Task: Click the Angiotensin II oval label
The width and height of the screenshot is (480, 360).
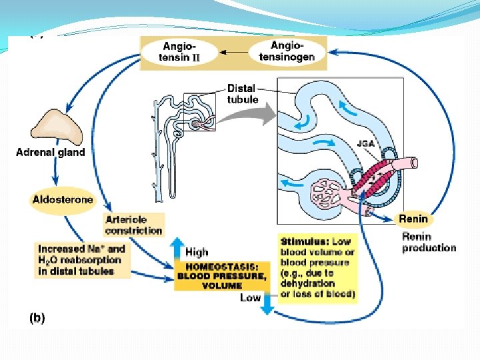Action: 180,51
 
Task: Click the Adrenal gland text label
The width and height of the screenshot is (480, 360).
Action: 51,152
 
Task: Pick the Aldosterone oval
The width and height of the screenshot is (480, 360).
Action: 63,199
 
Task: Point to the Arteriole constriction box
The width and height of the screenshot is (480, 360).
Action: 133,225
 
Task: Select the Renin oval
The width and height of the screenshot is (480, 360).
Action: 413,219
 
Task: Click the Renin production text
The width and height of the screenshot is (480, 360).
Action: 429,242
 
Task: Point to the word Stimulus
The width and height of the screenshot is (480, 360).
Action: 303,241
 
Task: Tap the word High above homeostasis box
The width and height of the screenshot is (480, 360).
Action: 197,252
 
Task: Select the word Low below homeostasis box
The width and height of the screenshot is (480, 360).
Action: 250,298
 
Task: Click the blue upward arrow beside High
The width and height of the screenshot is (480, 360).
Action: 178,251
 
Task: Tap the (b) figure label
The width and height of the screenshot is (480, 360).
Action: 36,318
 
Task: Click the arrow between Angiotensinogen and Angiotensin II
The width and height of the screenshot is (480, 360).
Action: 232,51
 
